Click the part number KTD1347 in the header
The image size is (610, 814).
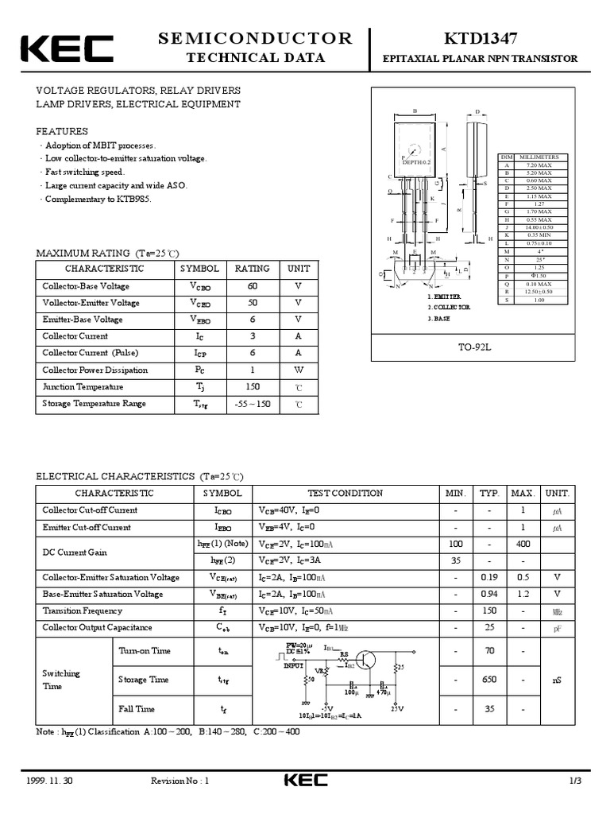(481, 39)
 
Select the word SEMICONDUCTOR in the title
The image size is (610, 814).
(255, 38)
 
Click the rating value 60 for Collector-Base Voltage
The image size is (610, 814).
(253, 286)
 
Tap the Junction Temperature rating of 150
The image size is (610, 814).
(253, 386)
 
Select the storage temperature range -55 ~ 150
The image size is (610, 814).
(253, 404)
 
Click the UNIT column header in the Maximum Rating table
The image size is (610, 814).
(299, 269)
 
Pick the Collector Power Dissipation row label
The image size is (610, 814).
(95, 370)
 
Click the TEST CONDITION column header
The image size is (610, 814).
(345, 494)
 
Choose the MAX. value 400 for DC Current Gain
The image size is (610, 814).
(523, 544)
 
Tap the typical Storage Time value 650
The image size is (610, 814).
(489, 680)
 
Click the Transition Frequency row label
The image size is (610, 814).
(83, 610)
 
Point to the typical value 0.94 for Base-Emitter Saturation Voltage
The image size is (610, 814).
(489, 594)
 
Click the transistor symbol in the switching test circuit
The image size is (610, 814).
(367, 659)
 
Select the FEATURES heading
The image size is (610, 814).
(62, 132)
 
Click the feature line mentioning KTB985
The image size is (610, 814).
(98, 199)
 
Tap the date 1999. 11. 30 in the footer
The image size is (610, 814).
(49, 781)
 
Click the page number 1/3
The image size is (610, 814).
(575, 781)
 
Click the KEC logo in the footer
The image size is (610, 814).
(305, 781)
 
